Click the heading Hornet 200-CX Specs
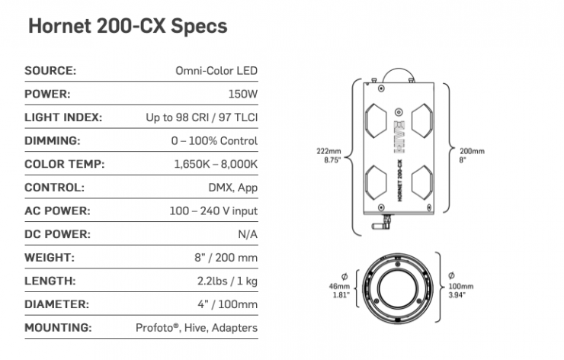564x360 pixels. tap(128, 26)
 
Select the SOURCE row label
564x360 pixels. tap(50, 71)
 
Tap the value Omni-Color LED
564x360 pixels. tap(216, 71)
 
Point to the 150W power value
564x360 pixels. tap(243, 94)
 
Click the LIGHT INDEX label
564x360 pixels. tap(63, 117)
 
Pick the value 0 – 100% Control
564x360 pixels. tap(214, 141)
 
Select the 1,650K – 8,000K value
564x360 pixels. tap(216, 164)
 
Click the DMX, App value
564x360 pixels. tap(233, 188)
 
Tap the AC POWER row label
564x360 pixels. tap(57, 211)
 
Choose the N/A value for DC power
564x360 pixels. tap(248, 234)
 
